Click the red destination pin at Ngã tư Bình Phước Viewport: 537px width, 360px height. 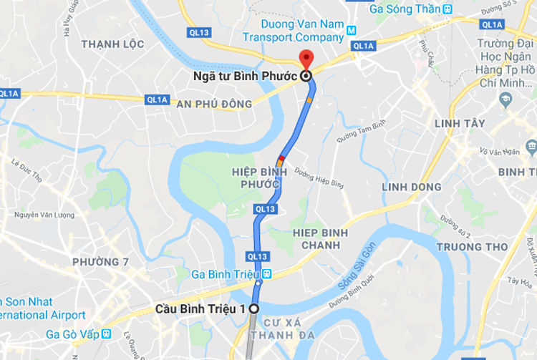click(x=306, y=59)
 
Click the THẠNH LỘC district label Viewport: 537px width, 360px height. click(x=112, y=44)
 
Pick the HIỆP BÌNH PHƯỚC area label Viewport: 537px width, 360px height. click(x=259, y=179)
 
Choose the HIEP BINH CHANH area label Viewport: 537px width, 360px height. click(x=320, y=240)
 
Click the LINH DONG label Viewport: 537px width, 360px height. click(x=411, y=187)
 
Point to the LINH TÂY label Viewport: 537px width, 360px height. click(x=460, y=124)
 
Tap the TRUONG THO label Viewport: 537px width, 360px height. click(x=472, y=247)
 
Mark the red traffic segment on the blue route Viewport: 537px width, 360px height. click(x=282, y=157)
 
